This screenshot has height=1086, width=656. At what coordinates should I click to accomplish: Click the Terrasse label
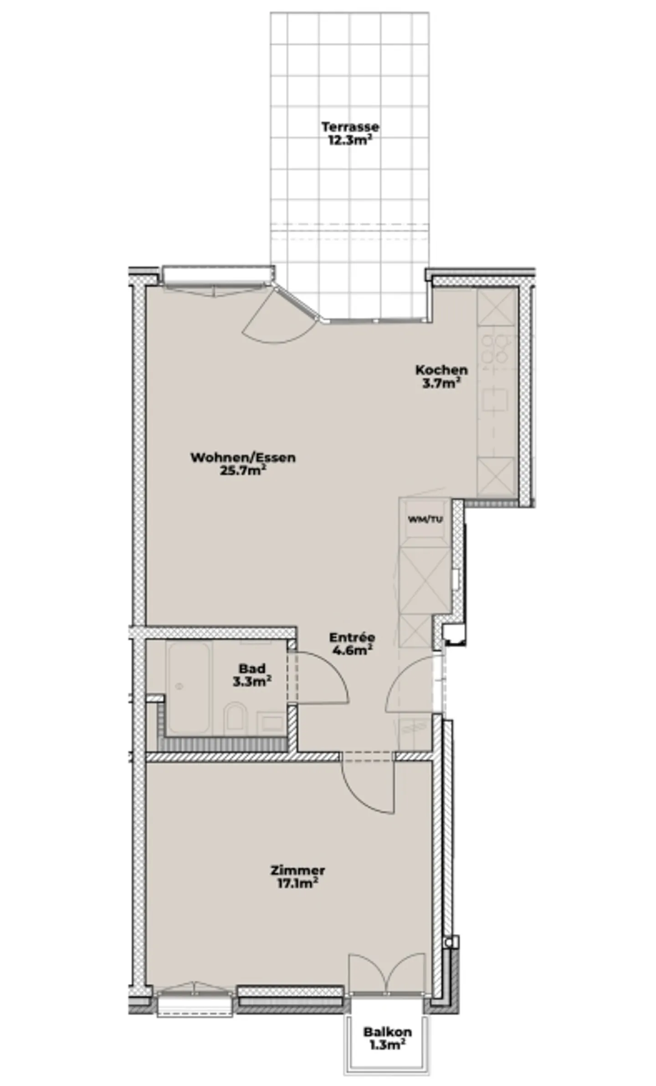[x=349, y=126]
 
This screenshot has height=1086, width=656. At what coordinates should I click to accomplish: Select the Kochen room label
[x=441, y=370]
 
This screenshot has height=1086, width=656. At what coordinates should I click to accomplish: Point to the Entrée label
[x=352, y=637]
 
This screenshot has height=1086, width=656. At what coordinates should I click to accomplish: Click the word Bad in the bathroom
[x=252, y=669]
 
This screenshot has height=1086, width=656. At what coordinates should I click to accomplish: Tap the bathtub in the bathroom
[x=188, y=688]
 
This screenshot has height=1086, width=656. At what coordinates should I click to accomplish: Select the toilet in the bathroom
[x=235, y=718]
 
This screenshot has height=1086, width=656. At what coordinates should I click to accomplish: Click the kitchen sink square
[x=496, y=400]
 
